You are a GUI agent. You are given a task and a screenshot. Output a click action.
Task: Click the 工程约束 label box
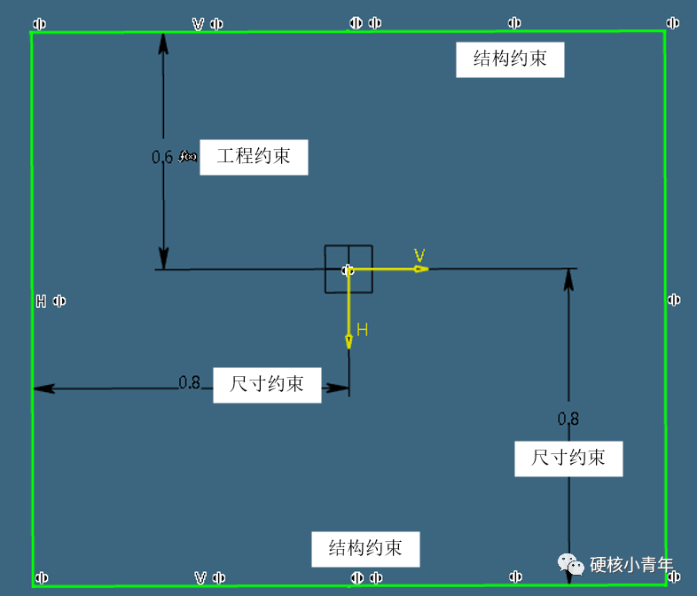(x=254, y=157)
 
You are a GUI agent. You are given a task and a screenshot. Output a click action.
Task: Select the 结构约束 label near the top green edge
(x=510, y=59)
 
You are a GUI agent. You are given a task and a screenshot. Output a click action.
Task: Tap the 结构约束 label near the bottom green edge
(x=364, y=548)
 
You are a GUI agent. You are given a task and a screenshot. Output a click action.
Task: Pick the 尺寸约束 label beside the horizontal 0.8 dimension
(x=267, y=384)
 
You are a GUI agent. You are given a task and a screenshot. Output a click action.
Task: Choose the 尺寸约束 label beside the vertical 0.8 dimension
(x=568, y=458)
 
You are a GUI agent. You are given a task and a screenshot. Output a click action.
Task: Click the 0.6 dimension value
(x=162, y=157)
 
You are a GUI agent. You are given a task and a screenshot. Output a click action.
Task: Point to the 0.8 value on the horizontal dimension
(x=189, y=383)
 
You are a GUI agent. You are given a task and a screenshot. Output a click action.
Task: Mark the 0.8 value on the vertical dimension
(x=568, y=418)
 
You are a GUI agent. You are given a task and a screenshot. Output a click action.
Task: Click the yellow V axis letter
(x=419, y=255)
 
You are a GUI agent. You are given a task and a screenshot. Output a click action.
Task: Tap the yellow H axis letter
(x=362, y=330)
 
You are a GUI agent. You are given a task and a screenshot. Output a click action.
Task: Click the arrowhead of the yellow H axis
(x=349, y=341)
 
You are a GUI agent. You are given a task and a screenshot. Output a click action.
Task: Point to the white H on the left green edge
(x=41, y=301)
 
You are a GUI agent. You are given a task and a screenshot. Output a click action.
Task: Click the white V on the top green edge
(x=199, y=24)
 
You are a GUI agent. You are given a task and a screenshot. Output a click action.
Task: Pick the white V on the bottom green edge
(x=200, y=578)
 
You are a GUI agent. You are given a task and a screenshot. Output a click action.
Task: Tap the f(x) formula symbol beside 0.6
(x=188, y=157)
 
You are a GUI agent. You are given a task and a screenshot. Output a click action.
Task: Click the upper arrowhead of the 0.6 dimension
(x=163, y=41)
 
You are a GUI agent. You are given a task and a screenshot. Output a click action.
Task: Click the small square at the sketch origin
(x=348, y=269)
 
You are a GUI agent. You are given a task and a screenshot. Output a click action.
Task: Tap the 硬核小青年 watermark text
(x=632, y=565)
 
